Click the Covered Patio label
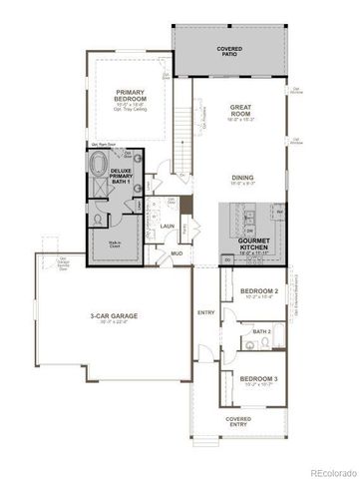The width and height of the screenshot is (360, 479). click(229, 51)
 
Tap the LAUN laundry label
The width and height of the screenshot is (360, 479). click(168, 228)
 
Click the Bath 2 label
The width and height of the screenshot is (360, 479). click(261, 331)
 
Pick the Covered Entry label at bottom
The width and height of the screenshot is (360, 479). click(238, 421)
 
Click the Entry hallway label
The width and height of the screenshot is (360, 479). click(205, 313)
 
